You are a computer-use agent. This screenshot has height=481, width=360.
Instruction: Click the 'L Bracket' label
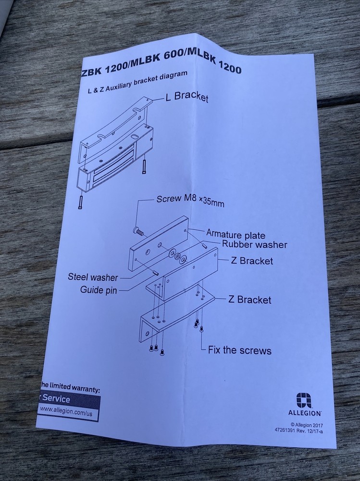pyautogui.click(x=186, y=97)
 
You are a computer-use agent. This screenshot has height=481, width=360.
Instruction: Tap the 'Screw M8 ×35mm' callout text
pyautogui.click(x=190, y=201)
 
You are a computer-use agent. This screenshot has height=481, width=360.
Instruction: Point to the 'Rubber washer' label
pyautogui.click(x=255, y=245)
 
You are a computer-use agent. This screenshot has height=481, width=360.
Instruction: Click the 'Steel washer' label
pyautogui.click(x=93, y=277)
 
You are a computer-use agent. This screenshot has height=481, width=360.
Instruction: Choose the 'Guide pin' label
pyautogui.click(x=99, y=290)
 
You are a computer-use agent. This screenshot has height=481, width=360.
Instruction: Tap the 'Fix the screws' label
pyautogui.click(x=239, y=350)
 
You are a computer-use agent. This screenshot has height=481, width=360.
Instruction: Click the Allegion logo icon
pyautogui.click(x=304, y=401)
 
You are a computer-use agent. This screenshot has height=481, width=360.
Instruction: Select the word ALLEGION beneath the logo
pyautogui.click(x=305, y=413)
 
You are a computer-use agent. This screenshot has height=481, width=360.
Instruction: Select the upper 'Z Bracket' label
pyautogui.click(x=251, y=261)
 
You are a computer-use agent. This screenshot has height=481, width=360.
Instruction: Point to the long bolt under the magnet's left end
pyautogui.click(x=80, y=202)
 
